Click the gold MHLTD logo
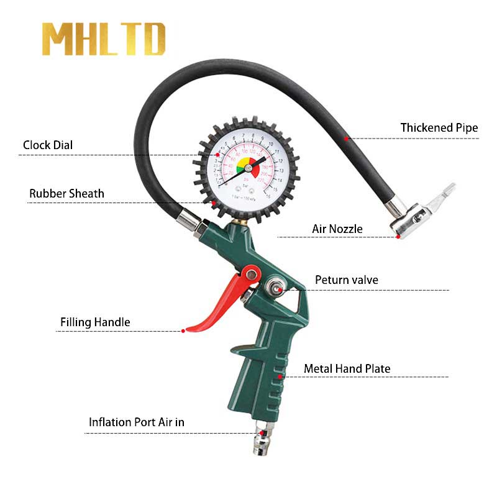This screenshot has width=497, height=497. pos(104,40)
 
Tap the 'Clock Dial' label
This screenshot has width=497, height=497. pos(48,145)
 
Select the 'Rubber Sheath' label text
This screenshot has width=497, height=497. pos(66,194)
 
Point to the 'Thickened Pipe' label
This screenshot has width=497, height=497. pos(439,128)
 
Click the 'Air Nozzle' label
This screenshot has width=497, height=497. pos(337,229)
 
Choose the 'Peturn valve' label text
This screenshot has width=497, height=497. pos(346,280)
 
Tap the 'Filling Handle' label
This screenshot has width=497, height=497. pos(95,322)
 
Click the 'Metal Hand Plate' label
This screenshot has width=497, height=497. pos(347,369)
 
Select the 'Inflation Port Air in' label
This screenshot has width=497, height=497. pos(136,422)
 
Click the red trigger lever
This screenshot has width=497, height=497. pos(217,304)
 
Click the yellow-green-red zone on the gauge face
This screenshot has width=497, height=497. pos(244,166)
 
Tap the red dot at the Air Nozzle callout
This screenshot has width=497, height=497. pos(398,237)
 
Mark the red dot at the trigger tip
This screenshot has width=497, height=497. pos(183,331)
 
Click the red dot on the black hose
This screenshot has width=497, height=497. pos(349,139)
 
